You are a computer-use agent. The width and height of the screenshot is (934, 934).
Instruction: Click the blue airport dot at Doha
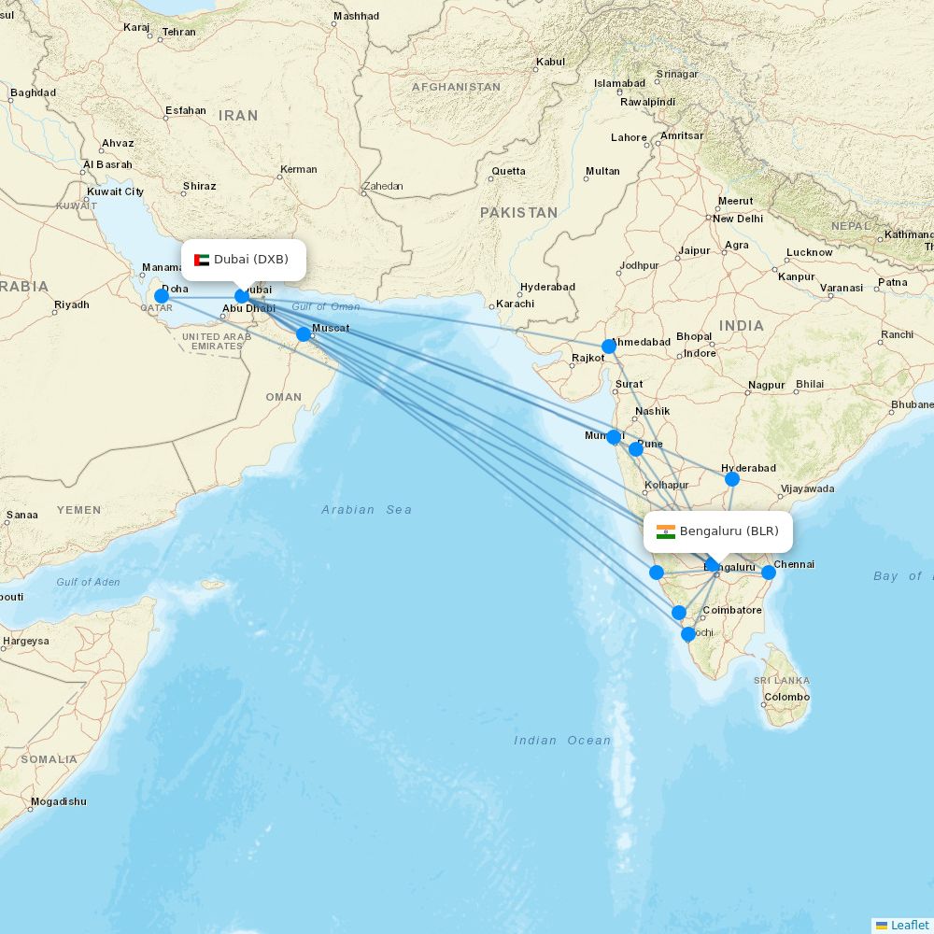pyautogui.click(x=162, y=296)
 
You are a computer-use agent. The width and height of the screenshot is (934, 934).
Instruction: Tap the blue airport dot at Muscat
pyautogui.click(x=304, y=334)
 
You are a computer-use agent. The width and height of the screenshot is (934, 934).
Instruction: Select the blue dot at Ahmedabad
pyautogui.click(x=609, y=347)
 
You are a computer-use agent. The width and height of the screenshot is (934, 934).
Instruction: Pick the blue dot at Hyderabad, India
pyautogui.click(x=732, y=479)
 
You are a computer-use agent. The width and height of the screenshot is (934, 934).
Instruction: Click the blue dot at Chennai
pyautogui.click(x=769, y=573)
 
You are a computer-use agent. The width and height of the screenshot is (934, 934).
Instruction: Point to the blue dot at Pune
pyautogui.click(x=636, y=449)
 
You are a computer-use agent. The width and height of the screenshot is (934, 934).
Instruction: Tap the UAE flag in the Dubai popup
pyautogui.click(x=202, y=260)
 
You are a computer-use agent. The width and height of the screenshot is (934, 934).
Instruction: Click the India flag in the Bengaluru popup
pyautogui.click(x=666, y=531)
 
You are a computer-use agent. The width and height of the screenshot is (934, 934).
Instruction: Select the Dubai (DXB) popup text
pyautogui.click(x=251, y=259)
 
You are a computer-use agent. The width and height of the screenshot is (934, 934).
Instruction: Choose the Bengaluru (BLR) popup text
pyautogui.click(x=729, y=531)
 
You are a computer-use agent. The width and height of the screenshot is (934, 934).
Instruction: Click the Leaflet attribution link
pyautogui.click(x=909, y=925)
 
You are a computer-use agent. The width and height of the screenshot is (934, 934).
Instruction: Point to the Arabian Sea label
pyautogui.click(x=367, y=509)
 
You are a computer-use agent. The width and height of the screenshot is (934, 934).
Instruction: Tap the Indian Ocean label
pyautogui.click(x=562, y=740)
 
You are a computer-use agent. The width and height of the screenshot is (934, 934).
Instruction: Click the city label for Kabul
pyautogui.click(x=550, y=63)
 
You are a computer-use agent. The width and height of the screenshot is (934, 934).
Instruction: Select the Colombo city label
pyautogui.click(x=786, y=697)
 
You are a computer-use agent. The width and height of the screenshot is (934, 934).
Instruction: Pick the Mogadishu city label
pyautogui.click(x=58, y=801)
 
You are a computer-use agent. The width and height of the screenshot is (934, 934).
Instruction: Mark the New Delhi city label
pyautogui.click(x=737, y=219)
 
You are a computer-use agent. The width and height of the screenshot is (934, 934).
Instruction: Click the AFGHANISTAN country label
pyautogui.click(x=456, y=87)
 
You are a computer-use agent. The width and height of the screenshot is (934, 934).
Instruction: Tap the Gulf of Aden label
pyautogui.click(x=88, y=582)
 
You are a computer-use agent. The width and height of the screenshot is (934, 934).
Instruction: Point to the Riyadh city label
pyautogui.click(x=72, y=304)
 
